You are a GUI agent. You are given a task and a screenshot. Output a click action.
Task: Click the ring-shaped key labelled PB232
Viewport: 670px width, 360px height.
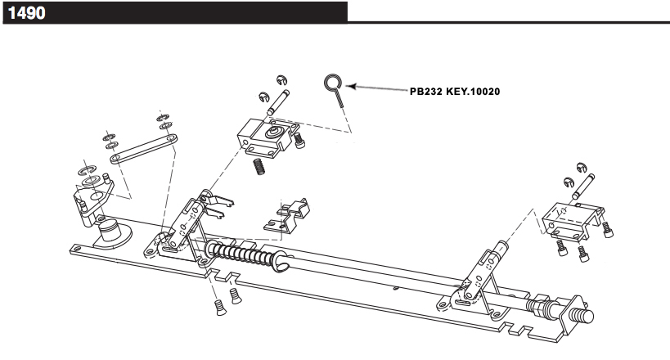point(332,82)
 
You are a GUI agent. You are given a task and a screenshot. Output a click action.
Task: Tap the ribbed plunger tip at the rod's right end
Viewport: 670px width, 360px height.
point(580,316)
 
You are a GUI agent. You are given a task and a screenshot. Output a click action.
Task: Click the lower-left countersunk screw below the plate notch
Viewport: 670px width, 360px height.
point(219,307)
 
